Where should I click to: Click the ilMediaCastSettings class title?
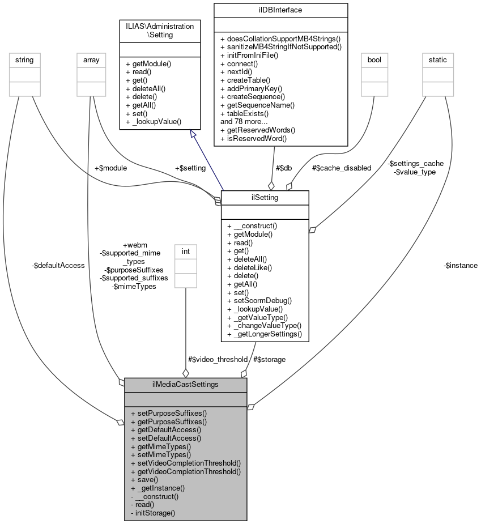(x=185, y=385)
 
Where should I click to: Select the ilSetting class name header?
(x=265, y=197)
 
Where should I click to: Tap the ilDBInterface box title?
(x=280, y=10)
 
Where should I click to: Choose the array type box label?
(x=91, y=59)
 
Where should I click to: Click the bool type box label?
(x=374, y=59)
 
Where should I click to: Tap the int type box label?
(x=185, y=250)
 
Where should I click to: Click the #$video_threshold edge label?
(x=218, y=359)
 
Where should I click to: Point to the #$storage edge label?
(x=269, y=359)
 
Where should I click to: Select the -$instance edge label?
(x=461, y=265)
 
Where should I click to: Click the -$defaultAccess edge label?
(x=59, y=265)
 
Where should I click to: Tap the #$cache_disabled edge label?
(x=342, y=168)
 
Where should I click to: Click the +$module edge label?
(x=111, y=168)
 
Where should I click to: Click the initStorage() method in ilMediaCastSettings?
(x=152, y=513)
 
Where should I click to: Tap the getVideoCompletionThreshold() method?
(x=185, y=471)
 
